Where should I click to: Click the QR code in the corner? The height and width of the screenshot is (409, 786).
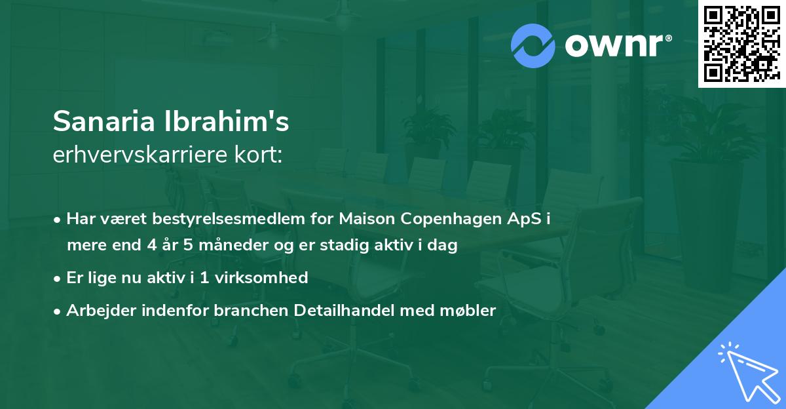(741, 43)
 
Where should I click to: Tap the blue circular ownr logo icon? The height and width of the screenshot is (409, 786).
(533, 45)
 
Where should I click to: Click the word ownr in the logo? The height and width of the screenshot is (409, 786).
(613, 46)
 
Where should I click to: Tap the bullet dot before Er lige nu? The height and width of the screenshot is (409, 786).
(58, 279)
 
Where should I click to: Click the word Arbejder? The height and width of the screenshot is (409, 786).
(96, 311)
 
